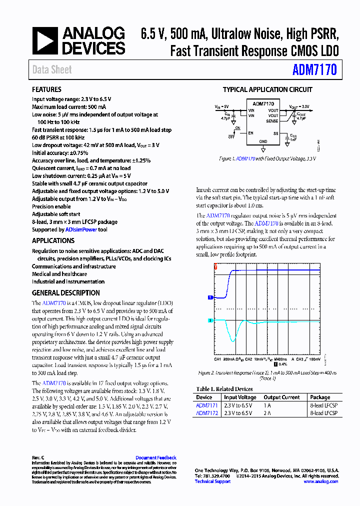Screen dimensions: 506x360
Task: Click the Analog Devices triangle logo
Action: [x=45, y=41]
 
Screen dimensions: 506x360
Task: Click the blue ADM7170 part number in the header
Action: [x=314, y=70]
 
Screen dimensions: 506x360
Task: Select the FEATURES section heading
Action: [x=46, y=89]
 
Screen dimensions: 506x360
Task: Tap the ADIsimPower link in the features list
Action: [x=79, y=229]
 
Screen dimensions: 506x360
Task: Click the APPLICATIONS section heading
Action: [x=53, y=240]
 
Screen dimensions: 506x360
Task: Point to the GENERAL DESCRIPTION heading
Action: [x=65, y=293]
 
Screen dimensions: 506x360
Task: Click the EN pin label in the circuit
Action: [x=251, y=133]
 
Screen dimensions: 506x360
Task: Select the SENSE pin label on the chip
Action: [x=272, y=121]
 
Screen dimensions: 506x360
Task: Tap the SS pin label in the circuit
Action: [x=275, y=133]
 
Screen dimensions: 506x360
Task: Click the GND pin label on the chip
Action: [x=263, y=141]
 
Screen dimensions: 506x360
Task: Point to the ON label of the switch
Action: [x=238, y=128]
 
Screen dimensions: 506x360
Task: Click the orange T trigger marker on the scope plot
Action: [x=215, y=268]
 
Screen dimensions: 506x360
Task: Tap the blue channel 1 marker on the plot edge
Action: [x=210, y=297]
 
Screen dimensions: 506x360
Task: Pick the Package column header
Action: [x=320, y=397]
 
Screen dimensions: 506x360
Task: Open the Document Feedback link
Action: [x=155, y=458]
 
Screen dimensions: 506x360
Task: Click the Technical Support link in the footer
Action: [x=212, y=481]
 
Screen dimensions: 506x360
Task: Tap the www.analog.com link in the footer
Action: [x=320, y=481]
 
